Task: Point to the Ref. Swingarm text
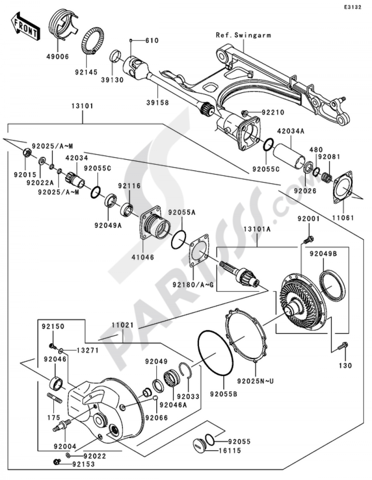coord(243,35)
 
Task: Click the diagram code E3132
coord(352,7)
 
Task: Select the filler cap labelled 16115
coord(200,445)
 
